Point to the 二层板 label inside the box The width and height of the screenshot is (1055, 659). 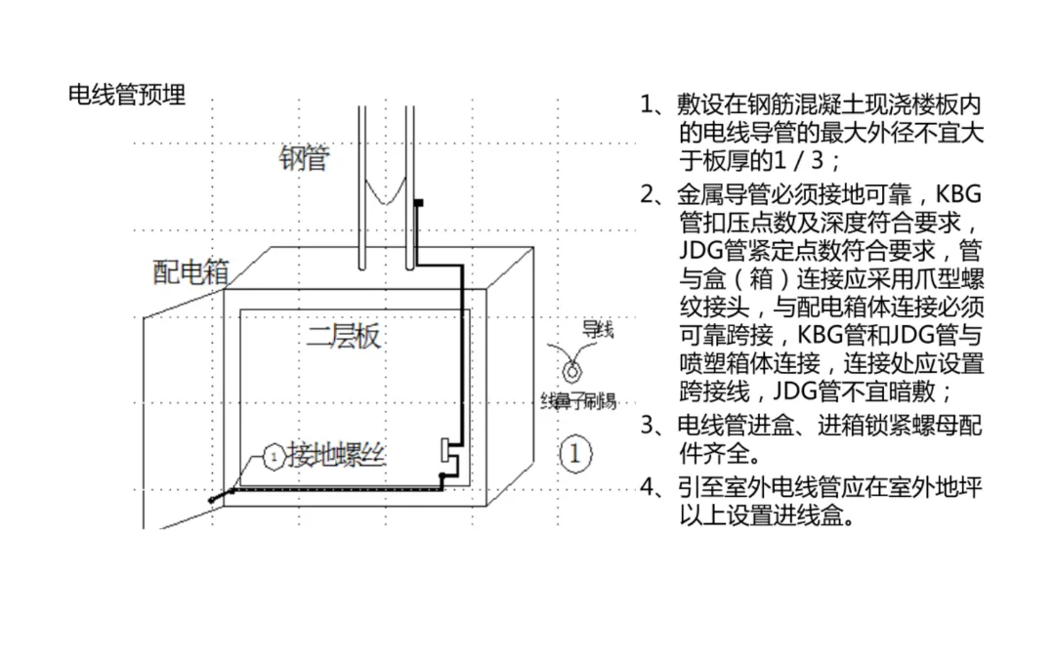(343, 338)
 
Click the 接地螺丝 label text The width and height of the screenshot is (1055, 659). (336, 454)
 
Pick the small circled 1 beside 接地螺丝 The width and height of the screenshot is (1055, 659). (274, 456)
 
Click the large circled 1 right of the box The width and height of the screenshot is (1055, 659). (575, 453)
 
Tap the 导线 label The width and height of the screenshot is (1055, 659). (598, 330)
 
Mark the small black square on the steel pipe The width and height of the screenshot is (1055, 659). (418, 203)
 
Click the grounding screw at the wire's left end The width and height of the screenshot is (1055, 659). (214, 498)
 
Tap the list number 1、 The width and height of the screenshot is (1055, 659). (654, 104)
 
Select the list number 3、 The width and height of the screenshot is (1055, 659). (654, 425)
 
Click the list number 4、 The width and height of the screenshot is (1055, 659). (654, 486)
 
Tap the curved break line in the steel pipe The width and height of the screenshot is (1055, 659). (385, 192)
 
